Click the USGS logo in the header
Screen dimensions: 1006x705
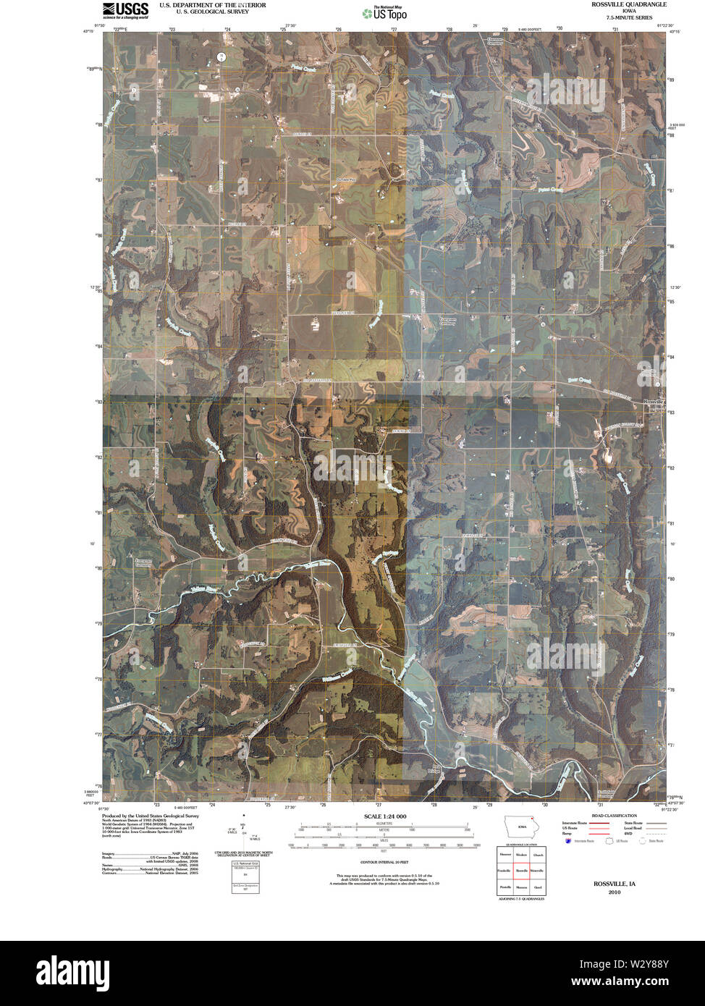pyautogui.click(x=124, y=9)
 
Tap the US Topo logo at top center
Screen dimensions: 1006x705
pyautogui.click(x=384, y=12)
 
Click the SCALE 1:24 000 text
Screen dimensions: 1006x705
pyautogui.click(x=381, y=816)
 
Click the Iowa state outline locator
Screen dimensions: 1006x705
pyautogui.click(x=520, y=827)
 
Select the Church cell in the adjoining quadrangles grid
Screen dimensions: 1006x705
pyautogui.click(x=537, y=855)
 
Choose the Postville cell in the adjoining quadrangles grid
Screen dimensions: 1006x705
pyautogui.click(x=505, y=886)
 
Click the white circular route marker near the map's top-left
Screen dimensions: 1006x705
pyautogui.click(x=221, y=56)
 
